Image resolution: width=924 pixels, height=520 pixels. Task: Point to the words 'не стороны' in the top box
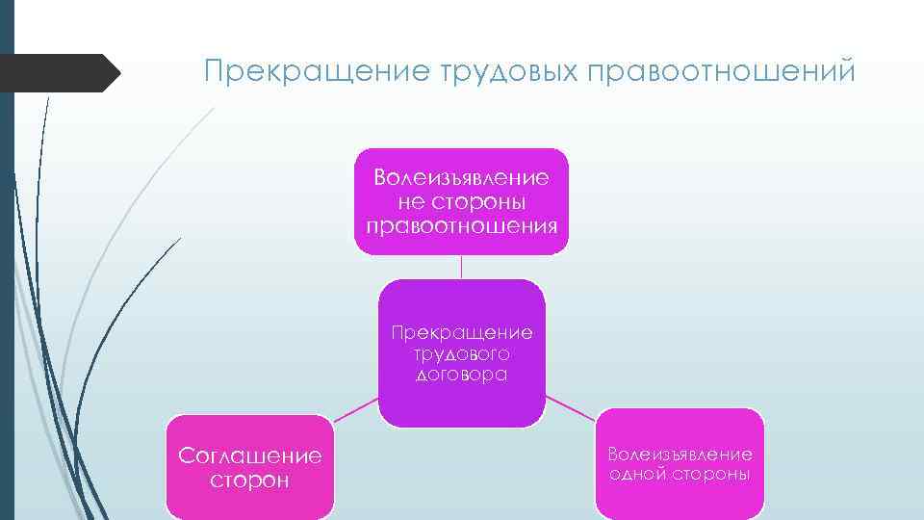[x=461, y=202]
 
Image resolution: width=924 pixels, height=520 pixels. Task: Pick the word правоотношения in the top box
[x=461, y=226]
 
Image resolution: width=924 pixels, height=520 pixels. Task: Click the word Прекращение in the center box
[x=461, y=333]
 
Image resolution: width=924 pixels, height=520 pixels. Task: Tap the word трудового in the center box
[x=461, y=353]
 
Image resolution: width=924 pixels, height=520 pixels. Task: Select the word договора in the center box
[x=461, y=375]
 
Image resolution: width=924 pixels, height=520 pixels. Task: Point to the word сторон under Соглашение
[x=249, y=480]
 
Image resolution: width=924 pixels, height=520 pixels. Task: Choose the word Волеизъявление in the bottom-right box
[x=680, y=454]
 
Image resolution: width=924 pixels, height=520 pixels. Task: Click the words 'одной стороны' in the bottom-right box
[x=680, y=475]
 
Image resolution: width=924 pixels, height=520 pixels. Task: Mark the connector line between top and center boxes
[x=461, y=267]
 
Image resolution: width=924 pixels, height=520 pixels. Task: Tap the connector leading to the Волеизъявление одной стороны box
[x=569, y=405]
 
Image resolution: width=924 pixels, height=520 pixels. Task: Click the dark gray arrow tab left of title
[x=58, y=72]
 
